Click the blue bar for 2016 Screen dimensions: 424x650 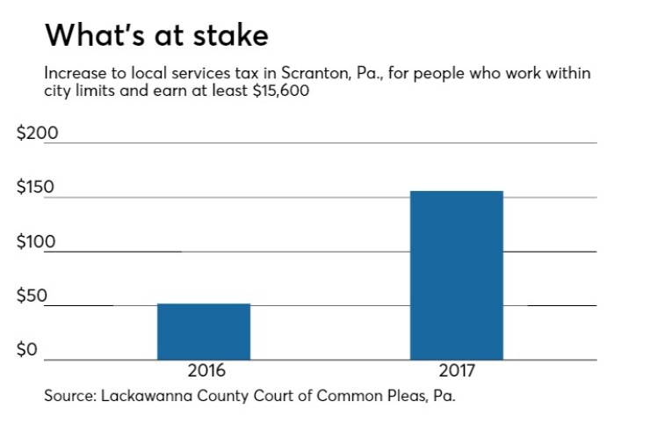(204, 332)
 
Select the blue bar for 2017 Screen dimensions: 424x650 (457, 275)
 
